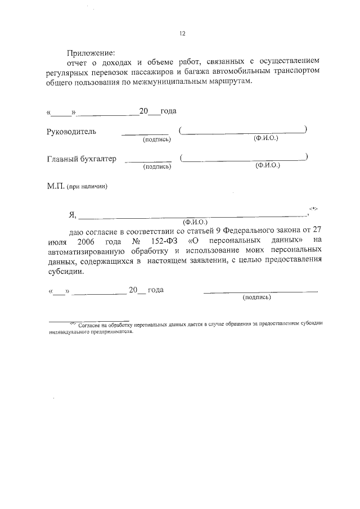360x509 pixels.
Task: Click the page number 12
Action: [x=182, y=34]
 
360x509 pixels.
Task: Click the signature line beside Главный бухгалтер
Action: [x=147, y=162]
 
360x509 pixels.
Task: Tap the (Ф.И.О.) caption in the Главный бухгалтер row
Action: [x=268, y=166]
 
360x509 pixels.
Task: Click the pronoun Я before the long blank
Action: [x=72, y=214]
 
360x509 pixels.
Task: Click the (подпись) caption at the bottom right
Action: [x=256, y=298]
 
